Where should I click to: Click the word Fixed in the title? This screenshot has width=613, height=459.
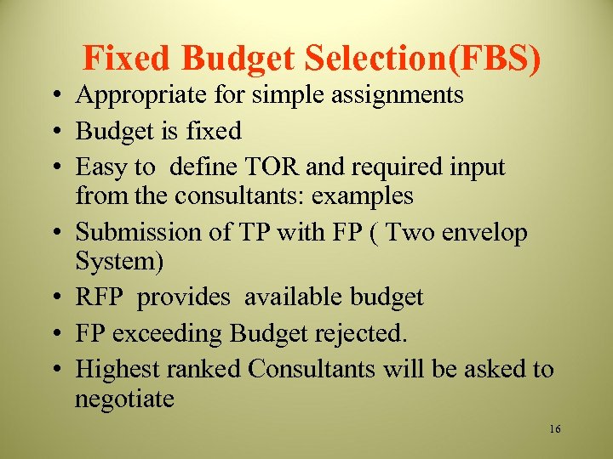click(128, 58)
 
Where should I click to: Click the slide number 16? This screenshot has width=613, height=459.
click(555, 429)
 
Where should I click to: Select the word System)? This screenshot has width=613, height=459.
click(119, 262)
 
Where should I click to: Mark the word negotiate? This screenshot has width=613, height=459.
click(124, 399)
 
